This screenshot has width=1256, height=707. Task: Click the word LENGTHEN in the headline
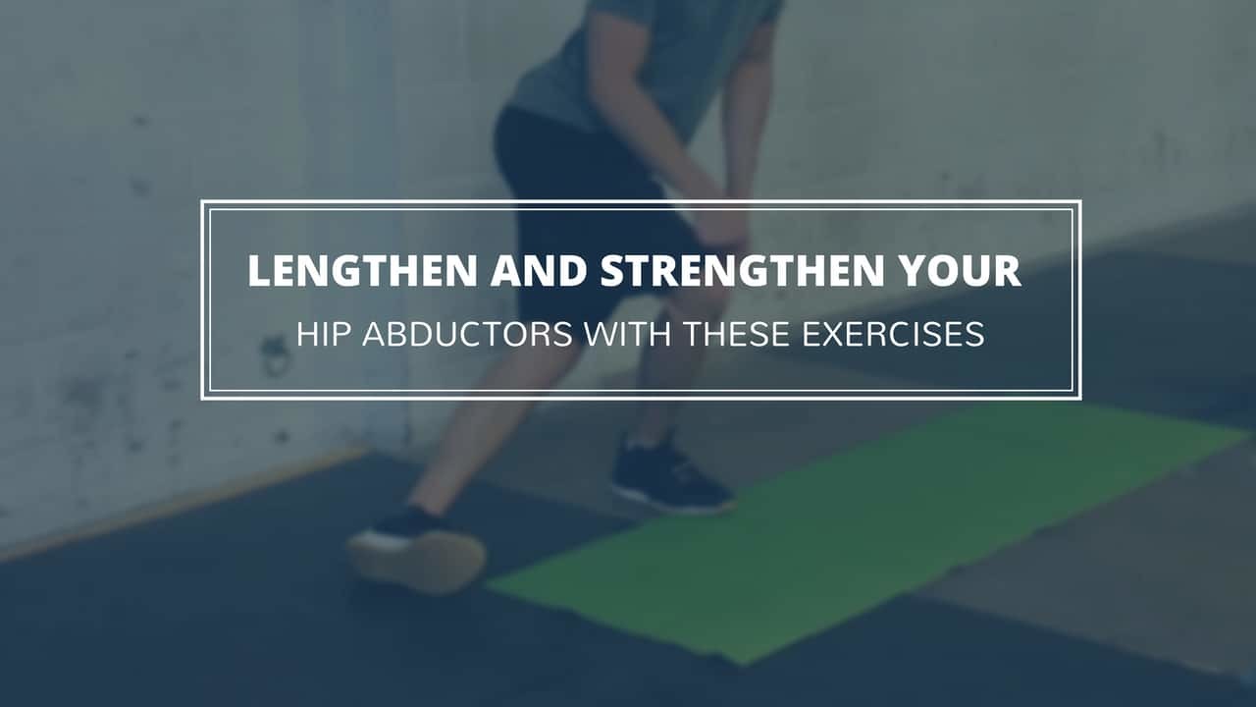pos(362,270)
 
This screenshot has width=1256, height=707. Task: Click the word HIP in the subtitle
pos(323,334)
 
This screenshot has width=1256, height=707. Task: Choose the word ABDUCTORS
pos(468,334)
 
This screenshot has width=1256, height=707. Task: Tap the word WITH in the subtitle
pos(627,334)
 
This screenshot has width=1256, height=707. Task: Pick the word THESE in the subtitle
pos(737,334)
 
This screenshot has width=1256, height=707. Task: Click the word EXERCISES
pos(893,334)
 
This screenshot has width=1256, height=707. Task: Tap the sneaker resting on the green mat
pos(671,477)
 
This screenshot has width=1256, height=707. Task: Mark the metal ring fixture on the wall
pos(275,356)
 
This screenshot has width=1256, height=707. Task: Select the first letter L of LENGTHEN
pos(258,270)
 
